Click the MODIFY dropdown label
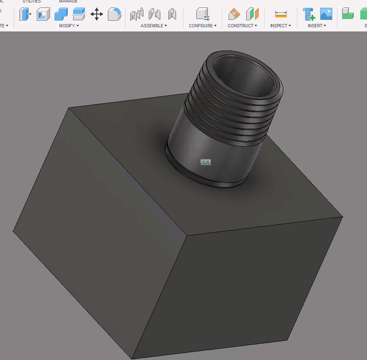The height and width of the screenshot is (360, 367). tap(69, 26)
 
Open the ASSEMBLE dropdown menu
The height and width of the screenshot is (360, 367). tap(153, 26)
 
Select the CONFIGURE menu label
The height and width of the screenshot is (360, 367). tap(203, 26)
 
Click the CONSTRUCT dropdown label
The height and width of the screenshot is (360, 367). tap(242, 26)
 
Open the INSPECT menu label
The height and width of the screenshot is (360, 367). tap(280, 26)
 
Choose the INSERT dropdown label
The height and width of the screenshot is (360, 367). tap(317, 26)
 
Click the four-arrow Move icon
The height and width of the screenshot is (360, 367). tap(97, 14)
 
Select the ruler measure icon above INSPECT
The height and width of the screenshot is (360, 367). tap(281, 14)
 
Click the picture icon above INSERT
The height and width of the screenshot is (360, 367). tap(326, 14)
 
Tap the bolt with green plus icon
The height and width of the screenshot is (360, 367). tap(309, 14)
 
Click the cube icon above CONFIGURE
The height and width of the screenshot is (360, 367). tap(203, 14)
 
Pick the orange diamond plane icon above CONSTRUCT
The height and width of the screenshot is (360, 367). tap(234, 14)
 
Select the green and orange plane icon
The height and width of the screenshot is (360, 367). tap(252, 14)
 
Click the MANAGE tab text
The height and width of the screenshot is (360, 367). tap(68, 1)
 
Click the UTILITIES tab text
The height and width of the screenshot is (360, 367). tap(32, 1)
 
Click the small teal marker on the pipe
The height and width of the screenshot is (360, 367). tap(205, 162)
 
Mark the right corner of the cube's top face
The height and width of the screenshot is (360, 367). tap(343, 217)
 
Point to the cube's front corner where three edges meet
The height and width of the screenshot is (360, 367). tap(187, 236)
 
